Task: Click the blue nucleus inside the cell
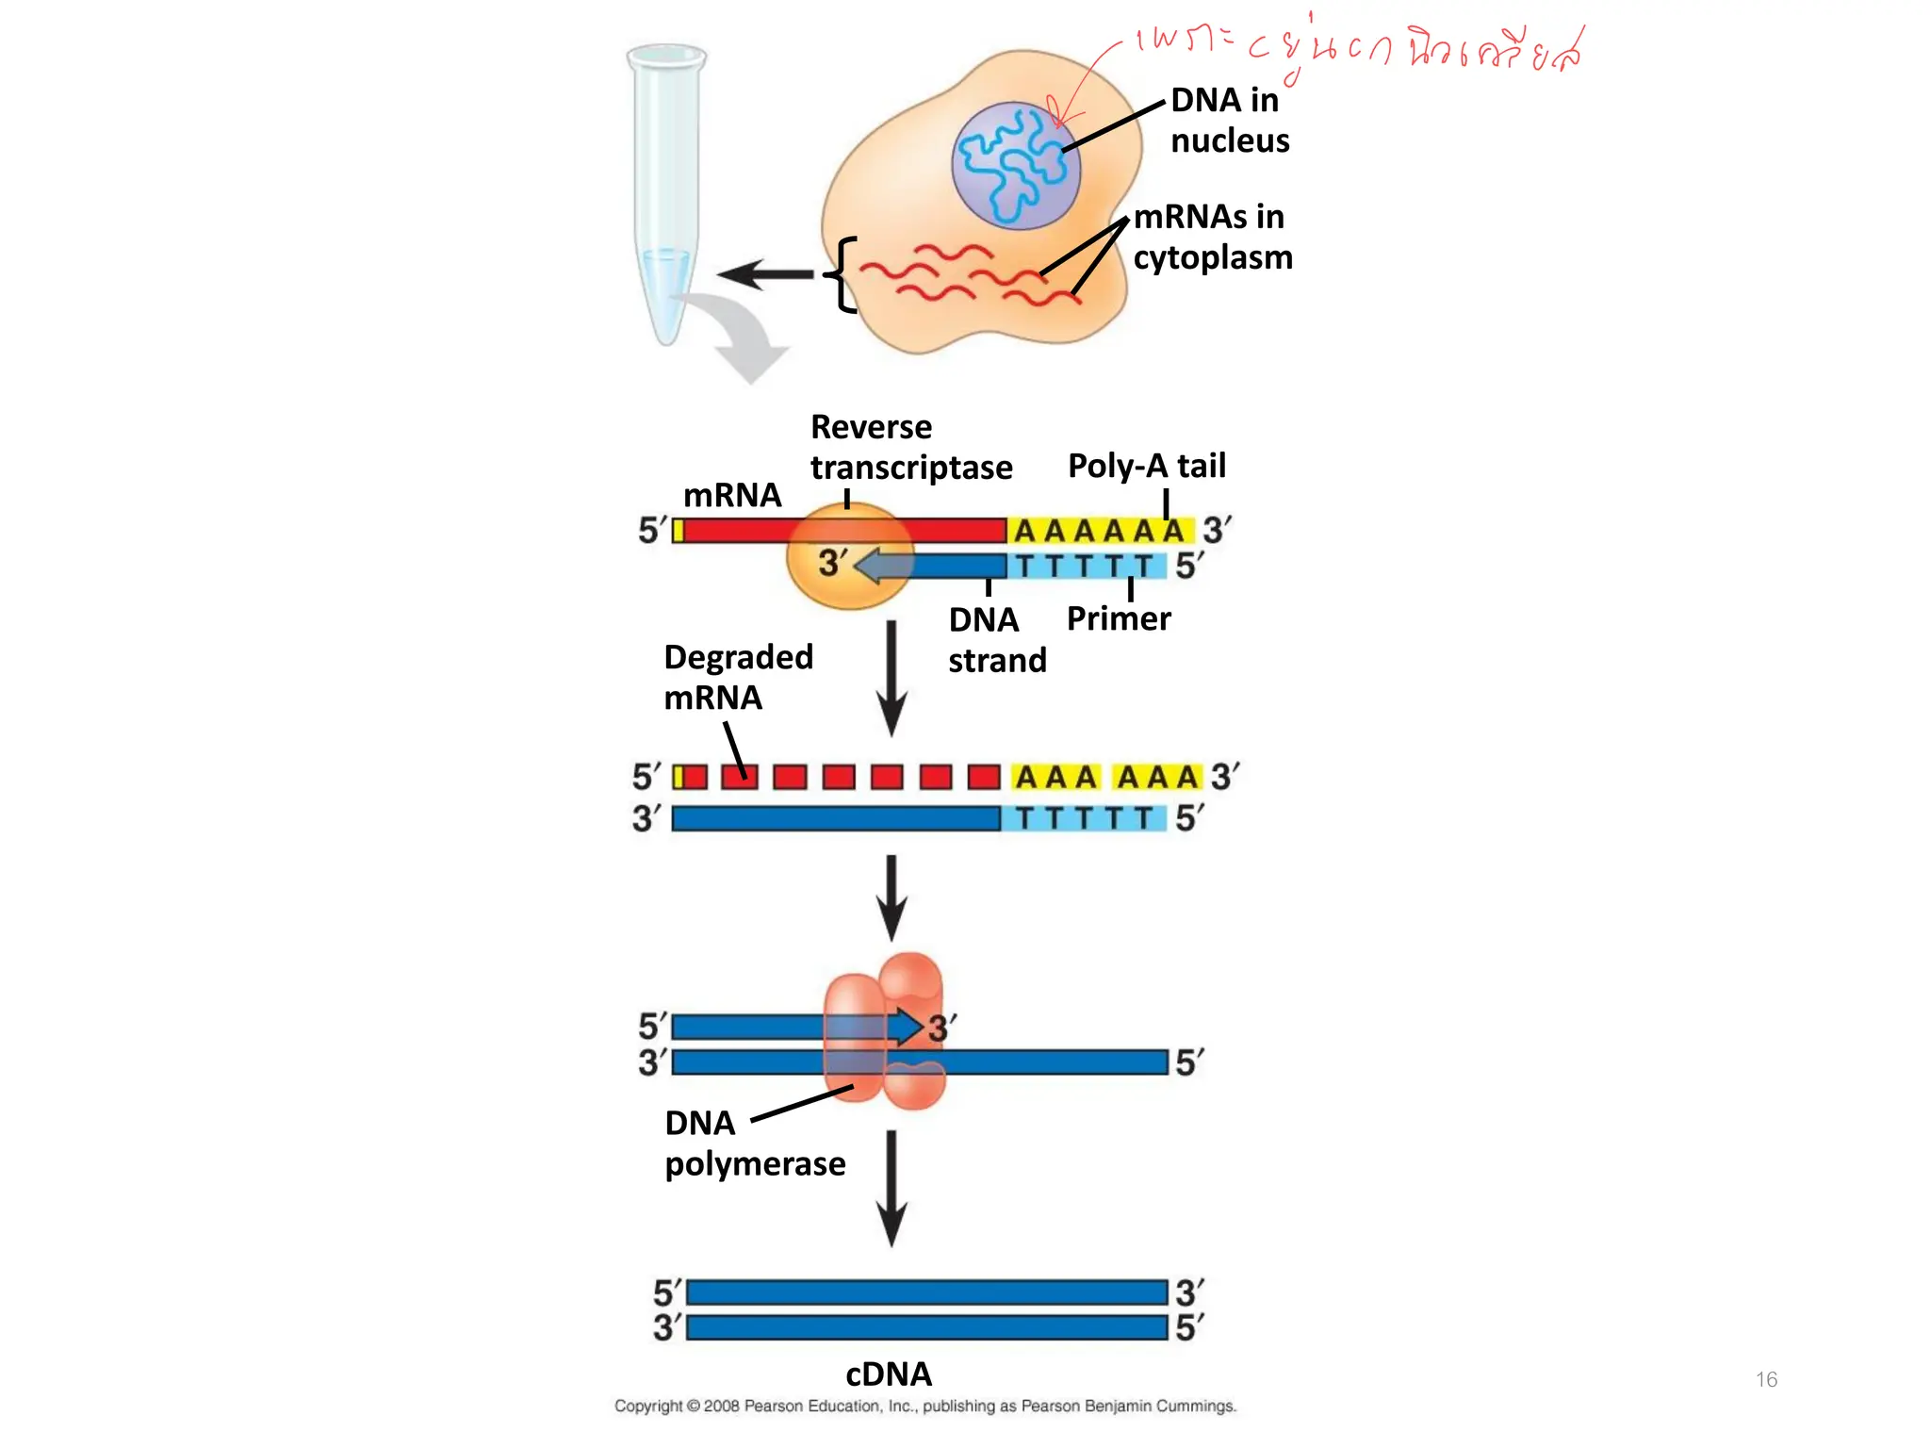pyautogui.click(x=1016, y=166)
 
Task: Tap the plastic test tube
pyautogui.click(x=665, y=189)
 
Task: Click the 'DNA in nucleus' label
pyautogui.click(x=1228, y=120)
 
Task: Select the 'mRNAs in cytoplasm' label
pyautogui.click(x=1212, y=237)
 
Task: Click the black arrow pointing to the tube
pyautogui.click(x=765, y=274)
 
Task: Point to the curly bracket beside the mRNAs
pyautogui.click(x=842, y=274)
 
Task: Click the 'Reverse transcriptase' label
pyautogui.click(x=909, y=447)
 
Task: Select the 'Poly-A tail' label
pyautogui.click(x=1146, y=465)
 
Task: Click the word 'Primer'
pyautogui.click(x=1118, y=618)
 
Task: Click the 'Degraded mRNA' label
pyautogui.click(x=737, y=677)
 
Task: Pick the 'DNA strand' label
pyautogui.click(x=996, y=639)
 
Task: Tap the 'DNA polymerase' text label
pyautogui.click(x=754, y=1143)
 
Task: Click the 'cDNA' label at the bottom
pyautogui.click(x=888, y=1374)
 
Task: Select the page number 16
pyautogui.click(x=1766, y=1379)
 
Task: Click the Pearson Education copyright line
pyautogui.click(x=924, y=1406)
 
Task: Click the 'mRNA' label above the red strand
pyautogui.click(x=731, y=495)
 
